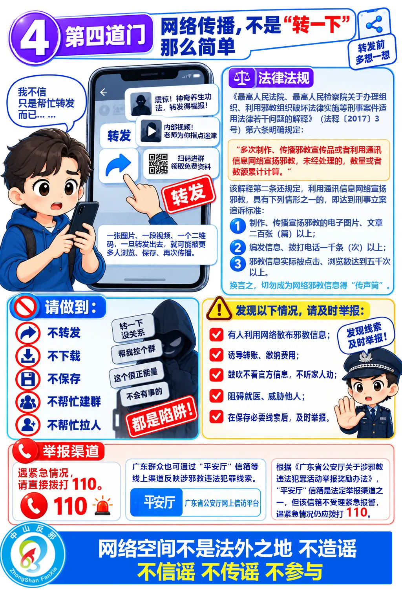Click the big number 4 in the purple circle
pyautogui.click(x=34, y=38)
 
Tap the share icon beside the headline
pyautogui.click(x=374, y=24)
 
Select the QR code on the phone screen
pyautogui.click(x=158, y=163)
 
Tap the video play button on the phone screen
pyautogui.click(x=152, y=131)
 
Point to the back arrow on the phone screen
pyautogui.click(x=103, y=92)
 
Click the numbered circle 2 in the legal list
pyautogui.click(x=238, y=247)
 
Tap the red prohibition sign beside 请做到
pyautogui.click(x=25, y=307)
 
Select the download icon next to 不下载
pyautogui.click(x=28, y=356)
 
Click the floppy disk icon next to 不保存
pyautogui.click(x=28, y=379)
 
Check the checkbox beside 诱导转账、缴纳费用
pyautogui.click(x=216, y=355)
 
